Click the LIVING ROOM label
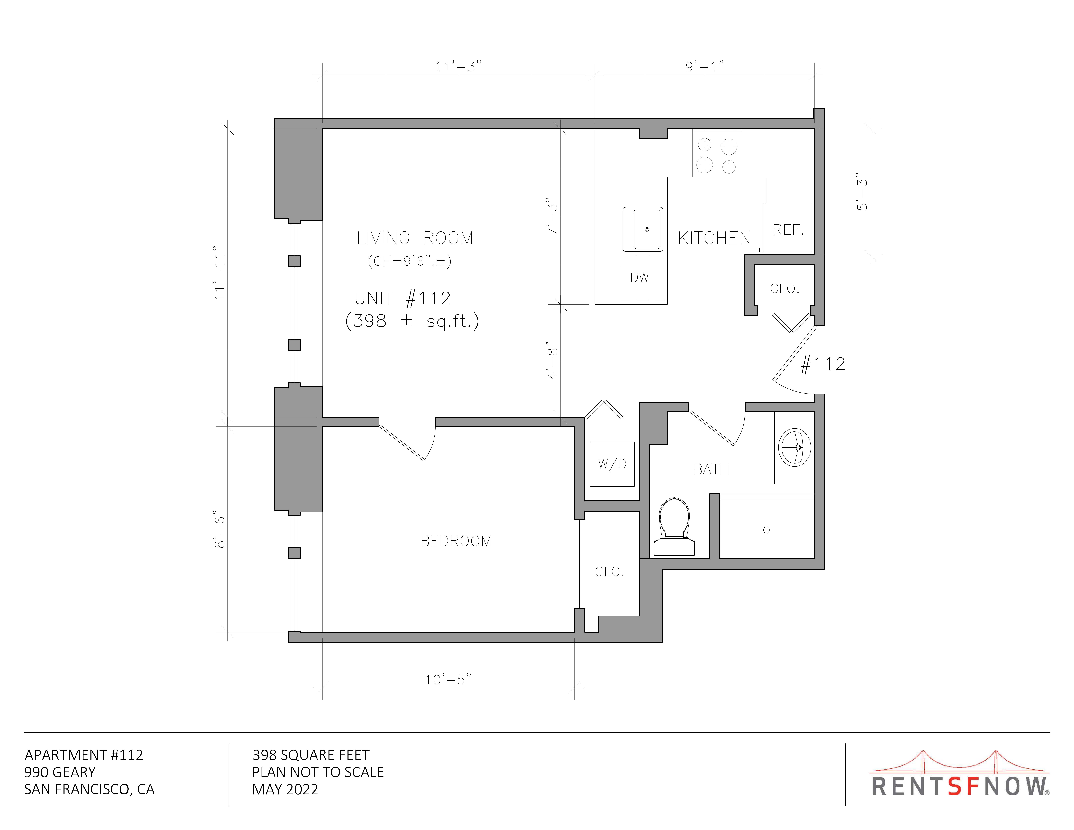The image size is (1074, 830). pos(415,238)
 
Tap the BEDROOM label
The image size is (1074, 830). pos(456,541)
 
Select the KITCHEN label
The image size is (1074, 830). pos(714,238)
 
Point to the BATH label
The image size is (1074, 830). pos(711,470)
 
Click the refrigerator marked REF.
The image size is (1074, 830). pos(787,228)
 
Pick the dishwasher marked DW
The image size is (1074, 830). pos(642,278)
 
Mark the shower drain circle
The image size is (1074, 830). pos(766,530)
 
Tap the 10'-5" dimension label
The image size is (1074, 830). pos(448,679)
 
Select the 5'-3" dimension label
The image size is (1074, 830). pos(862,192)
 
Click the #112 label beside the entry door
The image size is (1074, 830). pos(823,364)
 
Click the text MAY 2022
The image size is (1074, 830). pos(285,789)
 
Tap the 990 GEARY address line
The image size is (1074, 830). pos(60,772)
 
